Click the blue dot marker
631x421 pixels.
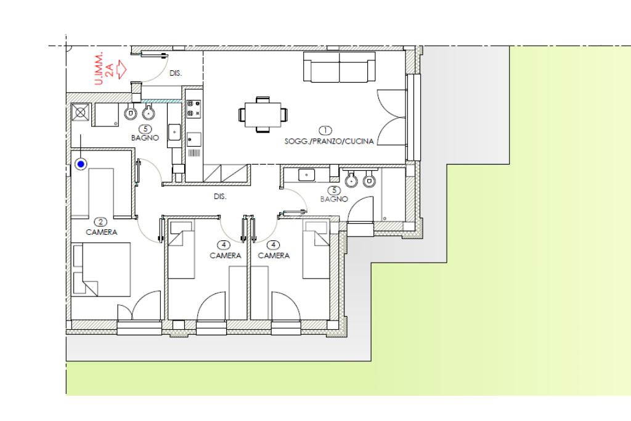coord(81,164)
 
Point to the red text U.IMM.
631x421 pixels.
coord(99,68)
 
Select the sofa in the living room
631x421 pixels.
coord(340,67)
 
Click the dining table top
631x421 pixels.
coord(263,115)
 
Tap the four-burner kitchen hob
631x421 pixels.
coord(193,108)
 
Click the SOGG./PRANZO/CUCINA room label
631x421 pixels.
coord(329,141)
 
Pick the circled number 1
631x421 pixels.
coord(325,131)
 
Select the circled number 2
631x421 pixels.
coord(100,222)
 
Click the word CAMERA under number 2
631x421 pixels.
coord(102,232)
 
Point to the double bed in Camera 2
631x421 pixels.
coord(102,269)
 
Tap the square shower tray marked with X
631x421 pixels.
coord(81,112)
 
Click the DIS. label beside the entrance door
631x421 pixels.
coord(176,73)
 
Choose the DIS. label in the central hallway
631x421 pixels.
coord(220,197)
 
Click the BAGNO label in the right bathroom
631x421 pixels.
coord(334,199)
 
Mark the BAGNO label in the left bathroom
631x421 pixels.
coord(145,137)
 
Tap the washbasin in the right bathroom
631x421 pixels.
coord(307,175)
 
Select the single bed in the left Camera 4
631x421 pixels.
coord(181,250)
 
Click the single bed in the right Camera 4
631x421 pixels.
coord(316,250)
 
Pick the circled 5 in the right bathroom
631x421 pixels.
coord(334,190)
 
